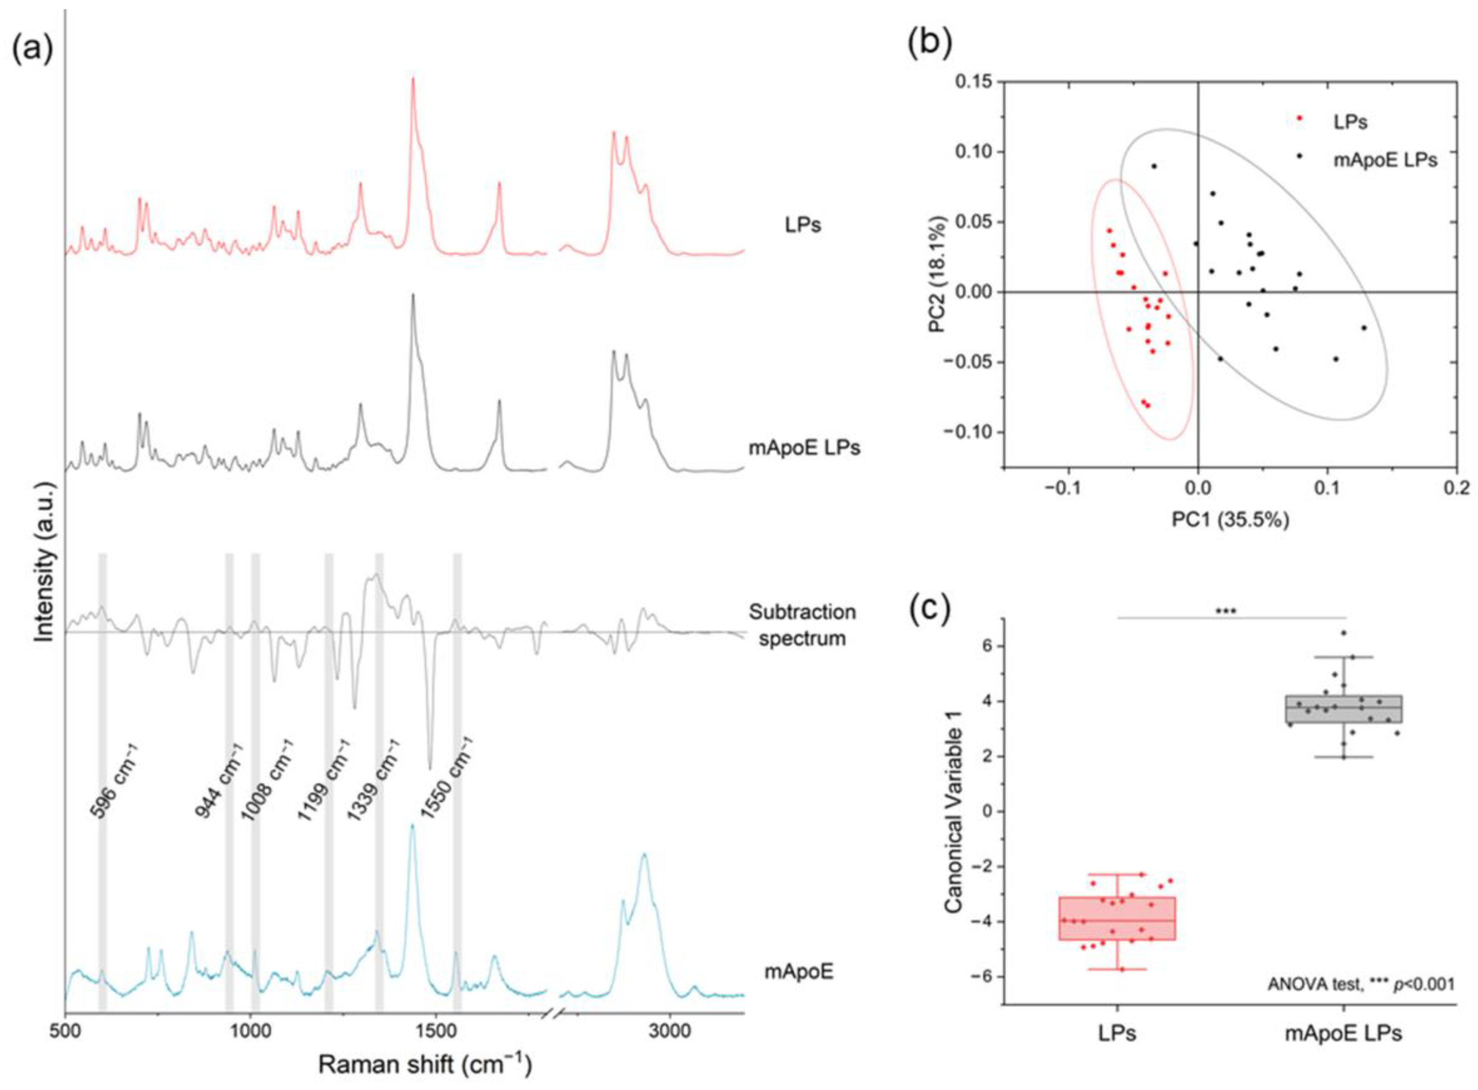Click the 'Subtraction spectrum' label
[x=802, y=625]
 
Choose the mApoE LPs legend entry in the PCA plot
[x=1384, y=159]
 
